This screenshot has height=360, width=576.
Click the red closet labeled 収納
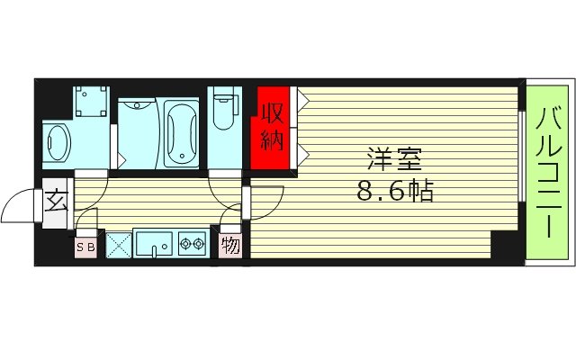[x=274, y=128]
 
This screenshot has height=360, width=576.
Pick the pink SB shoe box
[x=86, y=244]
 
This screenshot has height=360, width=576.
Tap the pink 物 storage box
[x=230, y=244]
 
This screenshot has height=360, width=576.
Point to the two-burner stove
[x=193, y=242]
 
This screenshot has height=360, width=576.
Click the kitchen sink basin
[x=154, y=242]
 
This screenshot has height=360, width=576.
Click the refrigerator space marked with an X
[x=118, y=243]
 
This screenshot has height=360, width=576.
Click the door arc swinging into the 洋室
[x=269, y=198]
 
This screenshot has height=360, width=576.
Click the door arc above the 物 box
[x=231, y=216]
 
